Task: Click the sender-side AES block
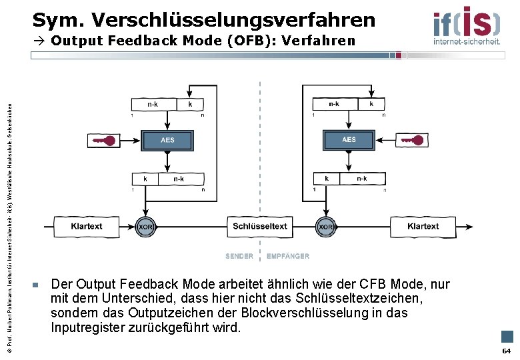click(167, 140)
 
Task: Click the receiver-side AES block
click(349, 139)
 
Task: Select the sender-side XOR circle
click(145, 227)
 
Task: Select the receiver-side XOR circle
click(326, 227)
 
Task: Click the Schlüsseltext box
click(260, 227)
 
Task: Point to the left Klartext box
click(87, 227)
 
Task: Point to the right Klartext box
click(423, 227)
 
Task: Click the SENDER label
click(239, 256)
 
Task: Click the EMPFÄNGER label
click(288, 256)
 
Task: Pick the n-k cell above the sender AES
click(153, 104)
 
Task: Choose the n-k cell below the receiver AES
click(362, 179)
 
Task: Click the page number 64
click(506, 351)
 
